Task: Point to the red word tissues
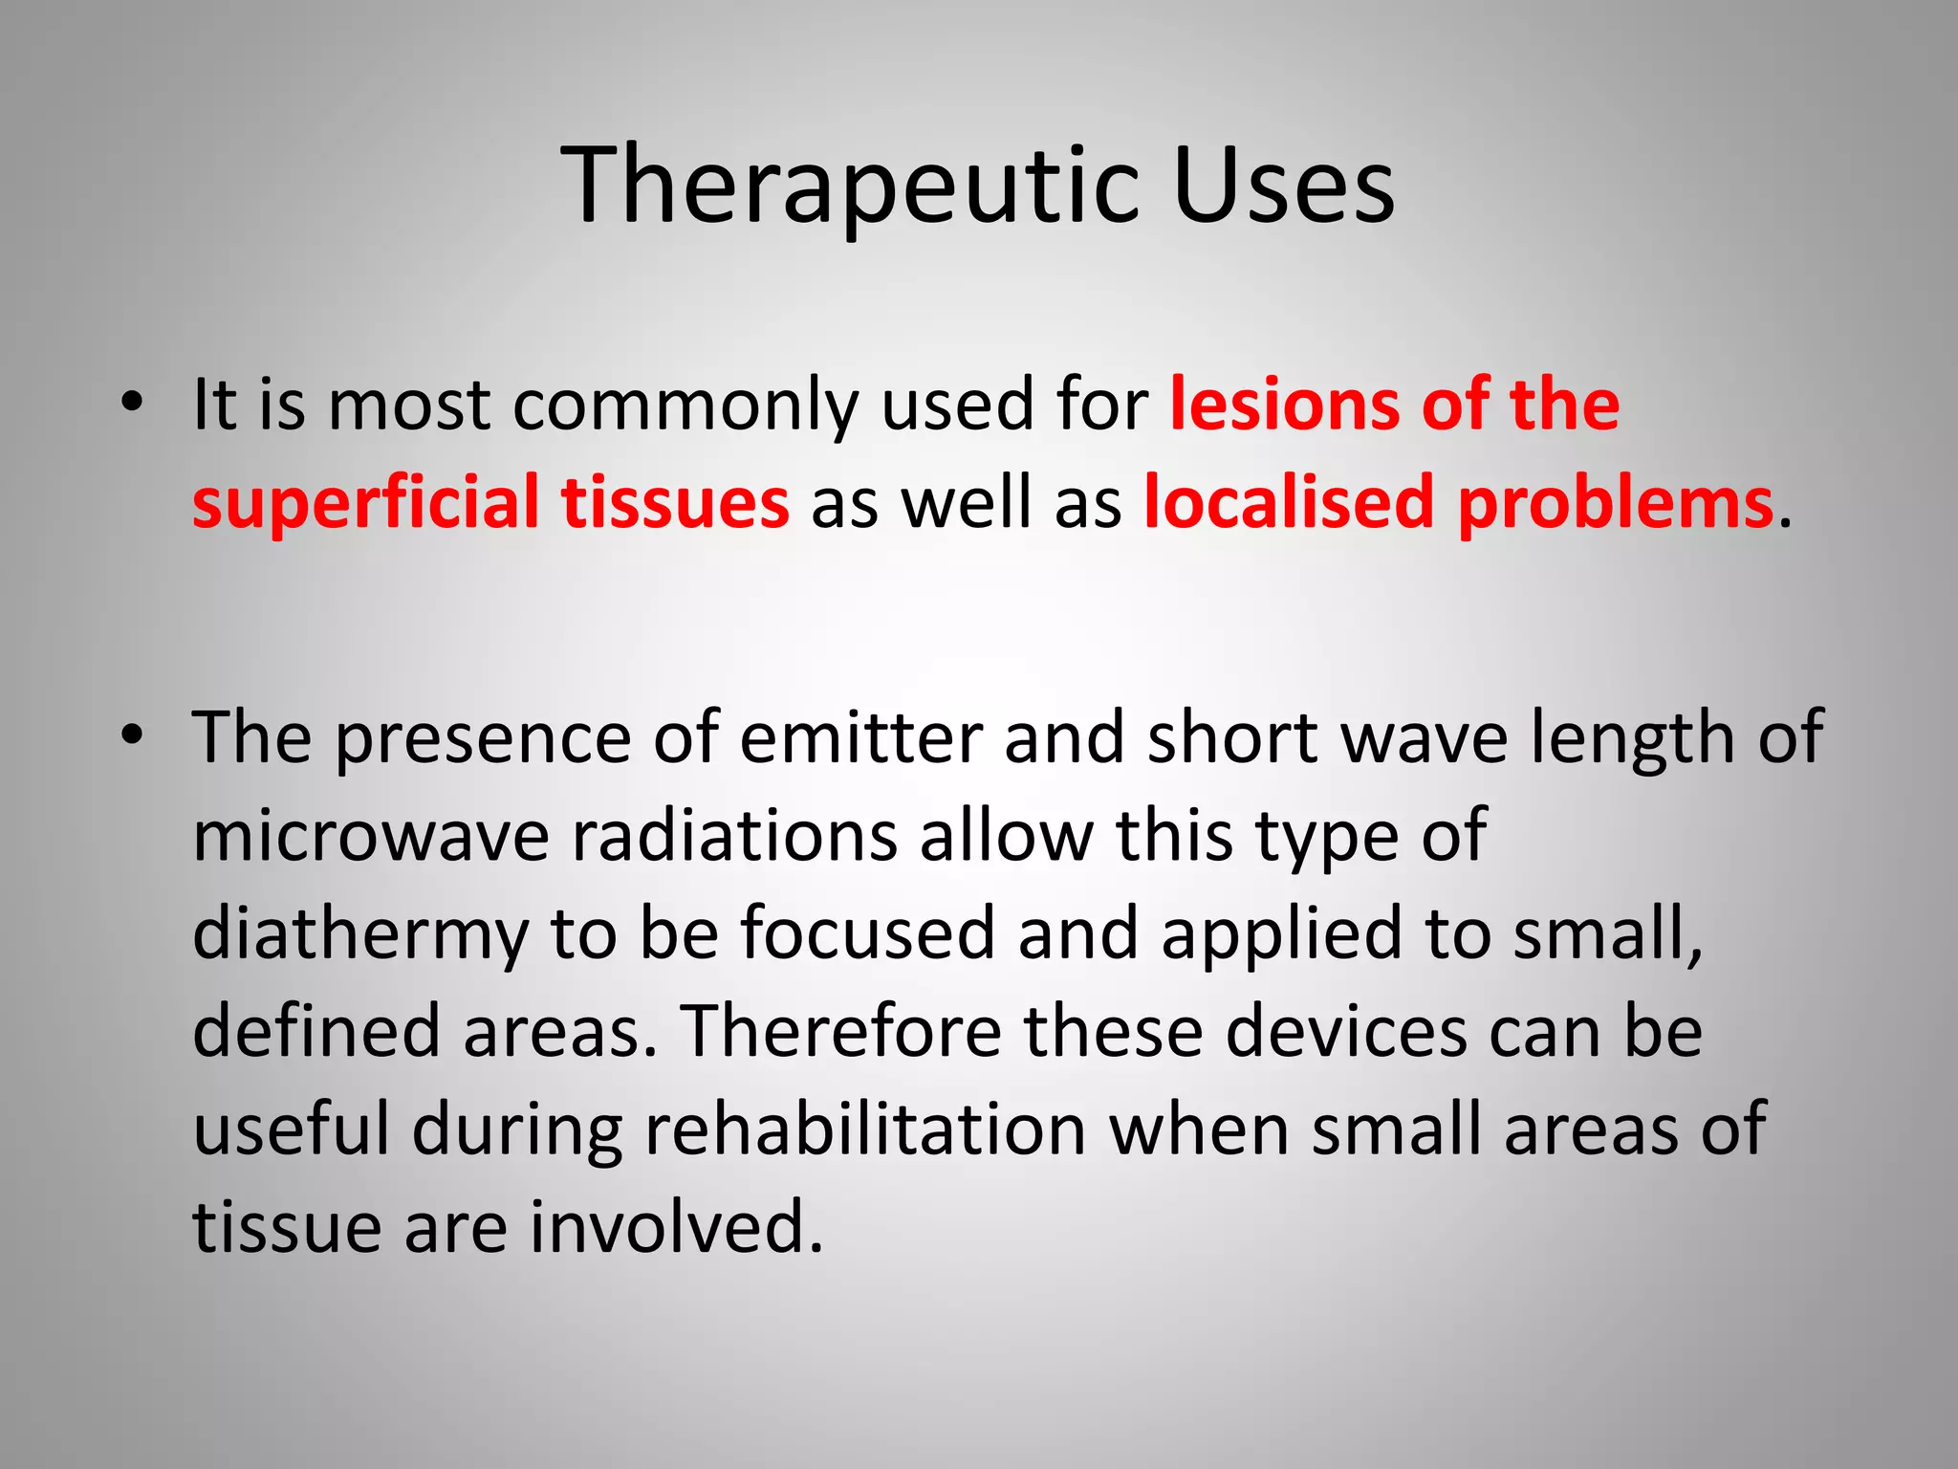click(675, 503)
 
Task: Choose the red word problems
click(1615, 503)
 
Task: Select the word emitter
click(860, 738)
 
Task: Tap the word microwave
click(371, 837)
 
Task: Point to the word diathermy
click(360, 935)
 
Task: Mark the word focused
click(867, 934)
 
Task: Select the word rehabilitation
click(865, 1130)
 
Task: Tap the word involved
click(676, 1228)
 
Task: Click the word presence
click(482, 738)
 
